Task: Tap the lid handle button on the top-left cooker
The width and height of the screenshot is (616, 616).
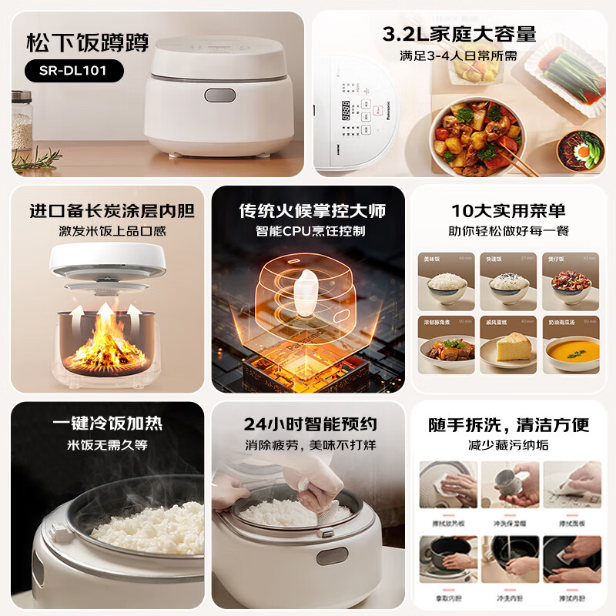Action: tap(220, 95)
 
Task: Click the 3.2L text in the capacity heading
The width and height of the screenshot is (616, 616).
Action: tap(406, 33)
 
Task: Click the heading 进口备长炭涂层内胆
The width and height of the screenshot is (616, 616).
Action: tap(112, 210)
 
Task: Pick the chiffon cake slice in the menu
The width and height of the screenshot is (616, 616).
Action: tap(508, 347)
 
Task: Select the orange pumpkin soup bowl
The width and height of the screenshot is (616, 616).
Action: tap(571, 351)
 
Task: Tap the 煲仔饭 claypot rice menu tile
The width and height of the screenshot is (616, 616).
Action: tap(571, 279)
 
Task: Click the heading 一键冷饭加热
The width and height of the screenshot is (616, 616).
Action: tap(107, 424)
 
